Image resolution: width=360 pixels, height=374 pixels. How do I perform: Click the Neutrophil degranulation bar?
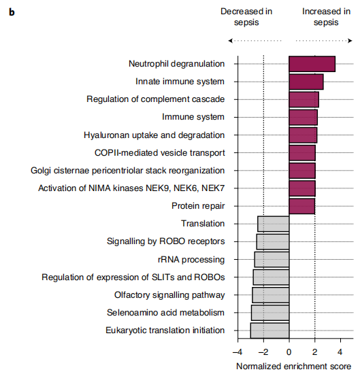312,64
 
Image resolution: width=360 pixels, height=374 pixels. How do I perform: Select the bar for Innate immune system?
306,82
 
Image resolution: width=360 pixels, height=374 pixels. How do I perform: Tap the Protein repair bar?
301,206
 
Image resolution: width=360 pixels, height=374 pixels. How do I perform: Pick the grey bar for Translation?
274,224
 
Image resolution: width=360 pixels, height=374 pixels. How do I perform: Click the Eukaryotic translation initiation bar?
269,330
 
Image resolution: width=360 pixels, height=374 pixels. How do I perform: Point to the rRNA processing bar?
272,259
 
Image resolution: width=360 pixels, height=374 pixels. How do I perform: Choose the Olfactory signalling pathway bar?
271,295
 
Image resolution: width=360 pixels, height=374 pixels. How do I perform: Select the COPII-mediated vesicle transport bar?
302,153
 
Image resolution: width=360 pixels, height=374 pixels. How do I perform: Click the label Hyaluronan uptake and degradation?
154,135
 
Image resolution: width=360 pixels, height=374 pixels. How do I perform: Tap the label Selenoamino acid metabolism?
165,313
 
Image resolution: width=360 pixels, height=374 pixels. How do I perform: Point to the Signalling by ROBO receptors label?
165,241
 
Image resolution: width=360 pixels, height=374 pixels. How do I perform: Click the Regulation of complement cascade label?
156,99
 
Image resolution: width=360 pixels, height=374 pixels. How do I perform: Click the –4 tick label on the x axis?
238,352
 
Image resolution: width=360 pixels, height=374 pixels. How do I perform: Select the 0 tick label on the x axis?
289,352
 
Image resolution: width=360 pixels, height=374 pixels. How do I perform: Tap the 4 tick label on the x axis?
340,352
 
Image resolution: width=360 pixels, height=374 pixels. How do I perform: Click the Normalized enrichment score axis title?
293,367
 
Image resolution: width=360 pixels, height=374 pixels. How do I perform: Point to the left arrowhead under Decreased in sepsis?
231,41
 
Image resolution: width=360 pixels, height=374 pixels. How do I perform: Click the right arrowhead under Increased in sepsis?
350,41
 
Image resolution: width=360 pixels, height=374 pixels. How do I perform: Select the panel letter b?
12,12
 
